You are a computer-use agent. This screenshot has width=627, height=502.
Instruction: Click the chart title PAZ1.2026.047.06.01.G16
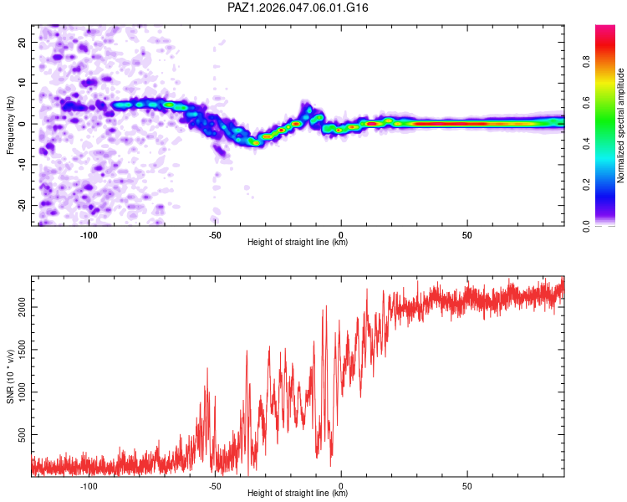click(298, 8)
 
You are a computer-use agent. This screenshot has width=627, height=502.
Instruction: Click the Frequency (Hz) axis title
click(10, 125)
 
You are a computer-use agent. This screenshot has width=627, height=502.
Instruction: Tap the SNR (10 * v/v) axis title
click(10, 376)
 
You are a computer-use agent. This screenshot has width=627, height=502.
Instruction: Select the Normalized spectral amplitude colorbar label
click(620, 125)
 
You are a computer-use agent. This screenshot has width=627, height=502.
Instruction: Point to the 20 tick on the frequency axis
click(22, 42)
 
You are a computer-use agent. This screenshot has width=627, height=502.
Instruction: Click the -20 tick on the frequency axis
click(22, 205)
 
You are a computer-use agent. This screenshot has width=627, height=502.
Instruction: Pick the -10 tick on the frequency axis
click(22, 165)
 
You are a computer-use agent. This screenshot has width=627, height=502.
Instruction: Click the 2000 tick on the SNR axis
click(22, 307)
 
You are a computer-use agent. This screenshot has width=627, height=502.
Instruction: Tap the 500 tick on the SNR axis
click(22, 435)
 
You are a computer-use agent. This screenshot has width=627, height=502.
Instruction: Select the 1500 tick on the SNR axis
click(22, 350)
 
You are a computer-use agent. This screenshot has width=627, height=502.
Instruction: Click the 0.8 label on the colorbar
click(586, 62)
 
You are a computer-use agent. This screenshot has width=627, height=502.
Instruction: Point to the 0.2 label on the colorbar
click(586, 185)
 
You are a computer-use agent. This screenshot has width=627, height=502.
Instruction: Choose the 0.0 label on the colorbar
click(586, 226)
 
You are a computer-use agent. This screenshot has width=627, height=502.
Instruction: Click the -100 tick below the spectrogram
click(89, 235)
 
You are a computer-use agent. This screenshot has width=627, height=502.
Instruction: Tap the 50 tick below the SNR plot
click(467, 486)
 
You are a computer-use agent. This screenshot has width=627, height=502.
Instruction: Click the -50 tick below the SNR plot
click(215, 486)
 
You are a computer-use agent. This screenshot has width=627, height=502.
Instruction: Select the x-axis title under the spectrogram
click(298, 242)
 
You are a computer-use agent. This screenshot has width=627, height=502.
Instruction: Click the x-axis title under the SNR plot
click(298, 493)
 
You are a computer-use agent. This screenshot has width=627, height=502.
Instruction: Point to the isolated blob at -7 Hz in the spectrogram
click(219, 151)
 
